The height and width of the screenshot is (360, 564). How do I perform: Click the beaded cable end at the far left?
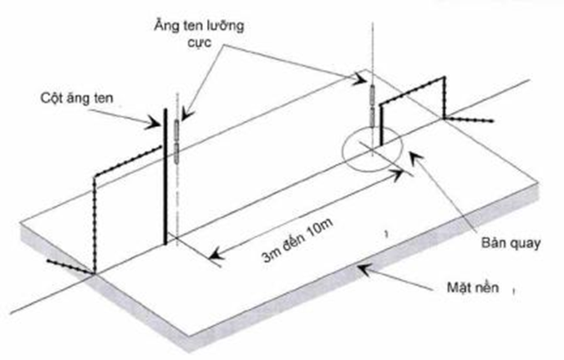(48, 262)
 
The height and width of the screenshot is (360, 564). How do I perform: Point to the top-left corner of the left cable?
(94, 174)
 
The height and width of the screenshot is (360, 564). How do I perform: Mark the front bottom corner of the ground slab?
(188, 351)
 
